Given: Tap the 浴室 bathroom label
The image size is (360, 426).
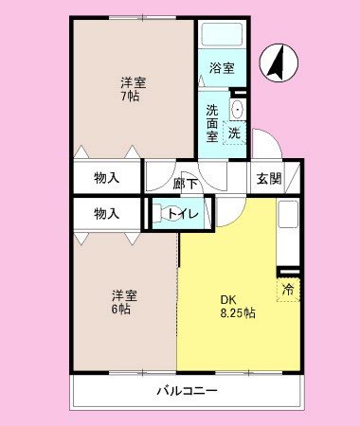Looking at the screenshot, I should [223, 67].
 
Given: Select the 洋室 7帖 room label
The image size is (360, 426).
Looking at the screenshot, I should [132, 88].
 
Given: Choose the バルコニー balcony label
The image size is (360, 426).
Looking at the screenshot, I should [188, 390].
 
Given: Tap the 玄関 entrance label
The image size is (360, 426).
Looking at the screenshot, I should [265, 177].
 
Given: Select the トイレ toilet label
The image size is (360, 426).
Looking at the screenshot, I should [185, 214].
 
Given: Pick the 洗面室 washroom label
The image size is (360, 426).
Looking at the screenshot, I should [211, 122].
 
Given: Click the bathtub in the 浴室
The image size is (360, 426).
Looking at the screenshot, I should [222, 37].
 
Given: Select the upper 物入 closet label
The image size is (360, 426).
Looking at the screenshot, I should [106, 177].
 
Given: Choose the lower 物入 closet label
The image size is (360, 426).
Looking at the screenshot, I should [106, 213].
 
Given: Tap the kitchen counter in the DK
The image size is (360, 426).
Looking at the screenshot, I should [288, 232].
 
